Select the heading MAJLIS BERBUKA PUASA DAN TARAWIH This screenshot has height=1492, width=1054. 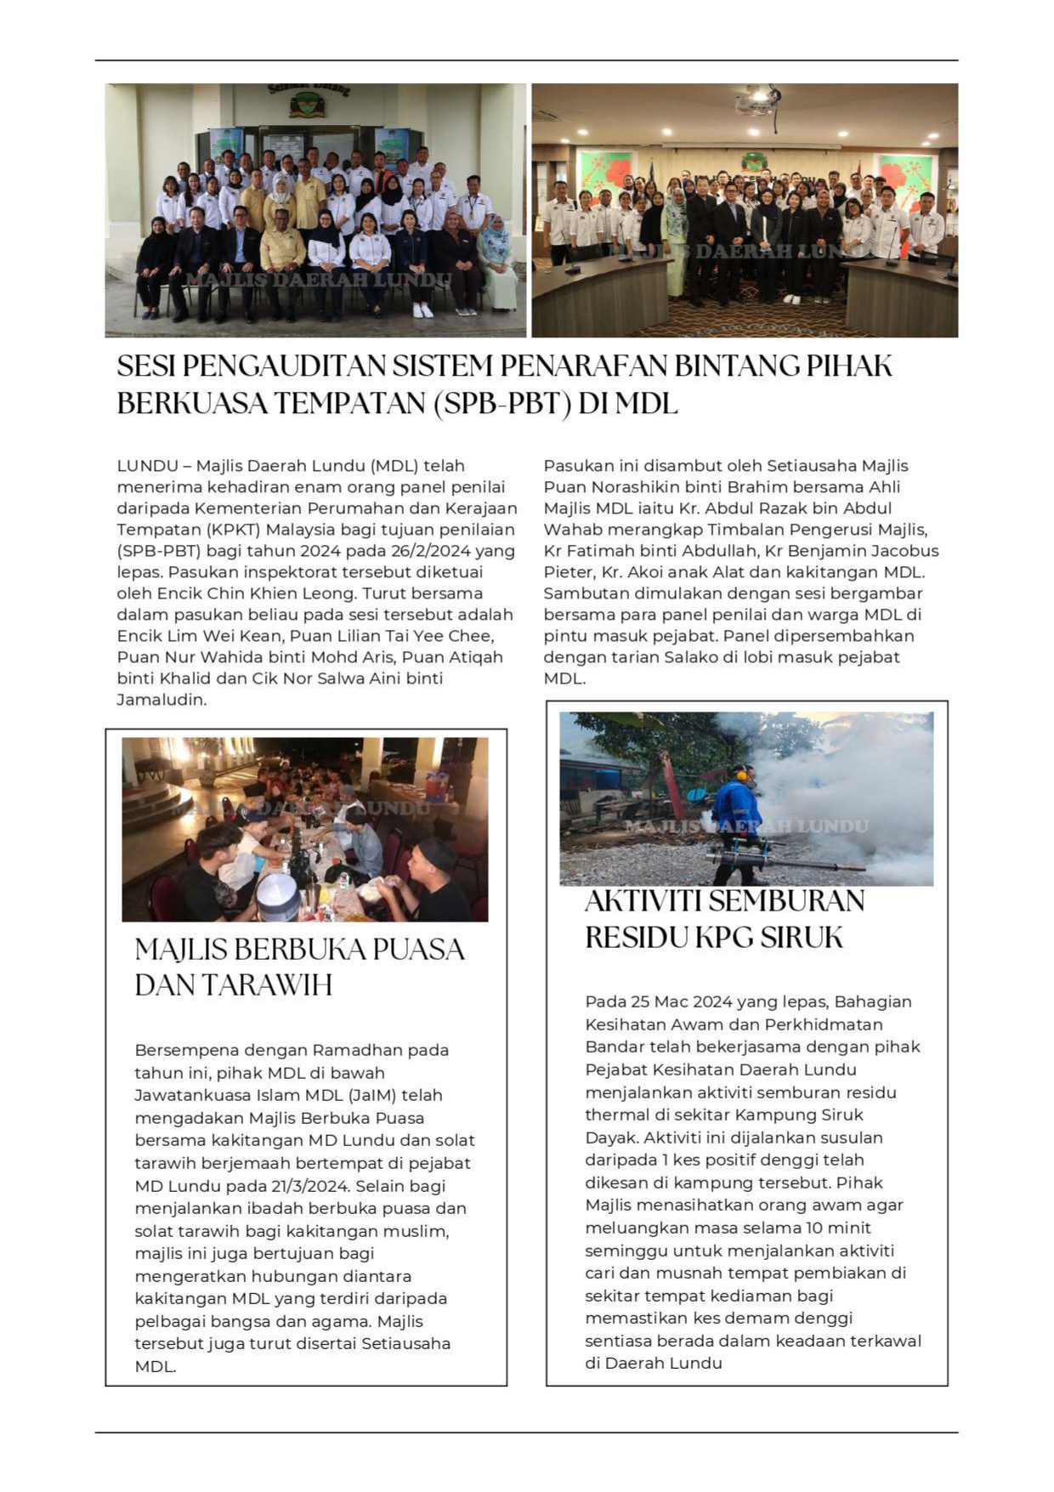[299, 967]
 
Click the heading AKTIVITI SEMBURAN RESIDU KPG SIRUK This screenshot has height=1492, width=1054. [723, 919]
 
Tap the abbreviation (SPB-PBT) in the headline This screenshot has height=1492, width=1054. [501, 404]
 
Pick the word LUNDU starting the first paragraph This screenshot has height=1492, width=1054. [147, 466]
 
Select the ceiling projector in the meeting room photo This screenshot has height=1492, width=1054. [756, 99]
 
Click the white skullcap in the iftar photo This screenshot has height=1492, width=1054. [278, 898]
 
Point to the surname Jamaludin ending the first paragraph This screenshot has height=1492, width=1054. [161, 700]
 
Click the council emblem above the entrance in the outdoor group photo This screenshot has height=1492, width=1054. [308, 105]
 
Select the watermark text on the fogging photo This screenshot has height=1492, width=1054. [746, 826]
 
